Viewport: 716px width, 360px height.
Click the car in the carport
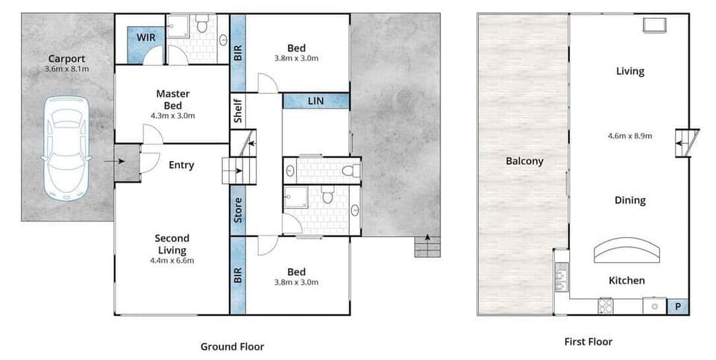(x=66, y=147)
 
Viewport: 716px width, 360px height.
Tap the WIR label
(x=145, y=37)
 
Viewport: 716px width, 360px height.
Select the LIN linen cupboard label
(x=315, y=101)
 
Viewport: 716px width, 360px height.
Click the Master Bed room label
(x=172, y=99)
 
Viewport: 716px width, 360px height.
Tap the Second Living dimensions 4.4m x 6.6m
(x=172, y=260)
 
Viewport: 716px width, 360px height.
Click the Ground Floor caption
(x=232, y=347)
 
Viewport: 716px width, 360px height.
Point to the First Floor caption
(x=589, y=342)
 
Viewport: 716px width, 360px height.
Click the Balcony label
(x=524, y=161)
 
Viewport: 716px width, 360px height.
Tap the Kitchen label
(x=626, y=280)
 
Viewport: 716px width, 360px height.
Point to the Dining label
(x=630, y=200)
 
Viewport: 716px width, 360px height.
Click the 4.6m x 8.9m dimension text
(x=630, y=136)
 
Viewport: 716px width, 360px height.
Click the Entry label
(x=181, y=165)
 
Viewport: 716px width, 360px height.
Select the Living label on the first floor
(x=630, y=72)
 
